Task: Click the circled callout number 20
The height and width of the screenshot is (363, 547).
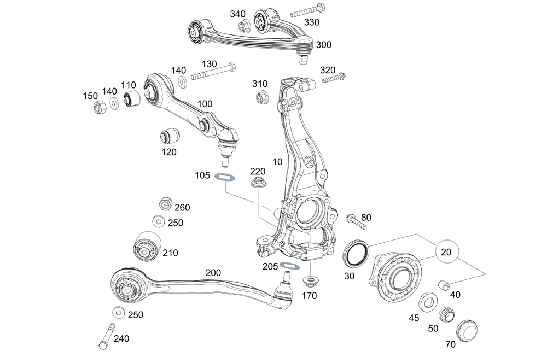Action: tap(446, 252)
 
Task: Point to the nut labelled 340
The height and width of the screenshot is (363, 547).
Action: tap(243, 26)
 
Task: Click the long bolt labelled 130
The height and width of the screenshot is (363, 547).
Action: tap(213, 72)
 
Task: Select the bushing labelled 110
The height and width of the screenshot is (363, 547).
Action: tap(132, 98)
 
